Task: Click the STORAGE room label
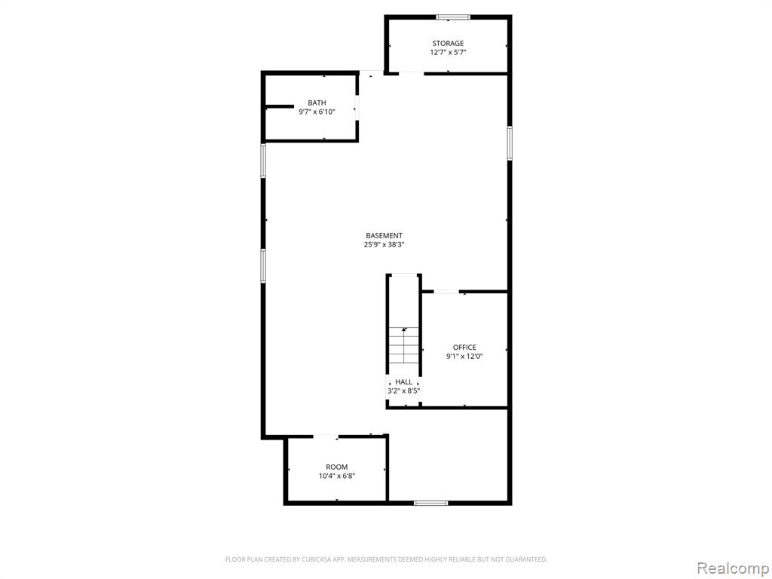448,43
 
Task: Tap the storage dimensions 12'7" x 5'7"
448,52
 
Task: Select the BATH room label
317,103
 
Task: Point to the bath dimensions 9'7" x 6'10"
317,112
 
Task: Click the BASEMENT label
384,235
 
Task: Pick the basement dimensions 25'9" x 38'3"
384,244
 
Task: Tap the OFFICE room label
464,347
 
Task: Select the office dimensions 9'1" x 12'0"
464,356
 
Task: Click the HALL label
404,381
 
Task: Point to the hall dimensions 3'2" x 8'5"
404,391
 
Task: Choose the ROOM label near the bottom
337,467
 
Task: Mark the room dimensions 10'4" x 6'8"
337,476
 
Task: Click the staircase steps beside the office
404,345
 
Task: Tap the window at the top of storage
453,17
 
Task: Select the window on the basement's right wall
510,143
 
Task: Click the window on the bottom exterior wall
430,503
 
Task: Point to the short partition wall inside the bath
279,106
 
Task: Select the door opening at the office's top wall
446,292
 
